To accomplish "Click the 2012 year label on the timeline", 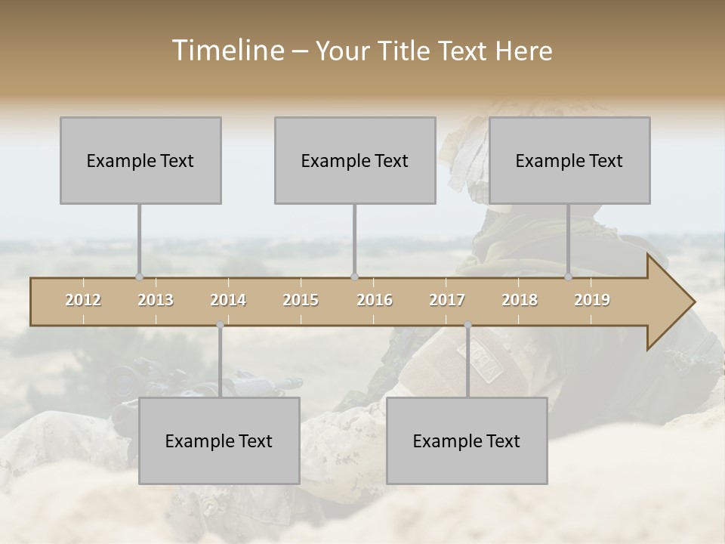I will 83,300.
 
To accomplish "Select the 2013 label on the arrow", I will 156,300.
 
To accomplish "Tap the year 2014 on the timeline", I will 228,300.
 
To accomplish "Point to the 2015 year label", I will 301,300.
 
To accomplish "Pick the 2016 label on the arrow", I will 375,300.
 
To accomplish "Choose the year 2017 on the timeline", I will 447,300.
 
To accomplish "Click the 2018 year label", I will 520,300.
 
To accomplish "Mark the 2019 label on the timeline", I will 592,300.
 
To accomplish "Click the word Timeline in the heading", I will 227,51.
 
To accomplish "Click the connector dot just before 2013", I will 139,277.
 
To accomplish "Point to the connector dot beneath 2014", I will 220,325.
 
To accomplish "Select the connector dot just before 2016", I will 354,277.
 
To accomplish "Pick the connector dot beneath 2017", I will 467,325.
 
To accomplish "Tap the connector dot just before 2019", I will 569,277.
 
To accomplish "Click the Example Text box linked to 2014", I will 219,440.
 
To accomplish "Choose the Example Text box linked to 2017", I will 467,440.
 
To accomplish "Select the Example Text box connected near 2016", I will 355,160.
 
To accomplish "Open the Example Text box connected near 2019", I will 569,160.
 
